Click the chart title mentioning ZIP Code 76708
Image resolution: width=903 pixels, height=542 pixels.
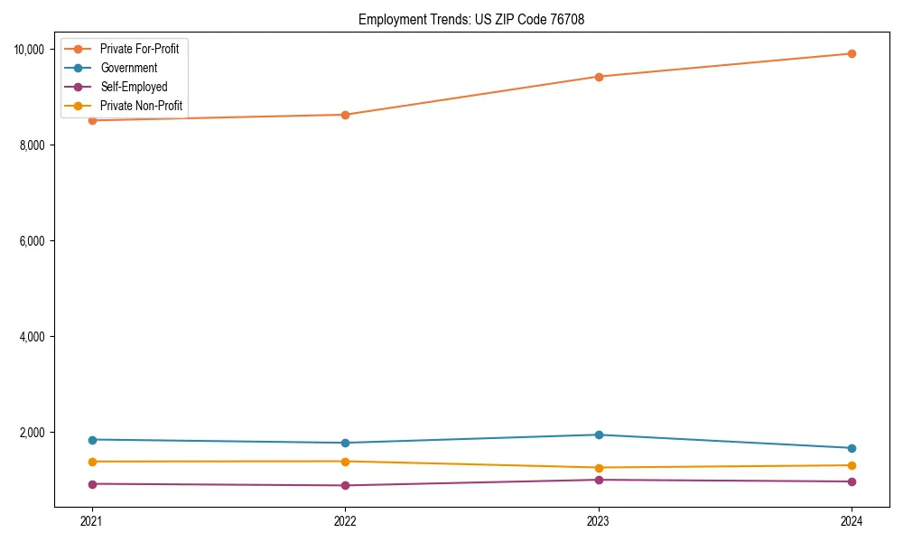(x=470, y=19)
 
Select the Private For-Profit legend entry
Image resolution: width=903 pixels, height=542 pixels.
(x=139, y=49)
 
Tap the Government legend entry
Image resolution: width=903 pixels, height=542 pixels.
(x=128, y=68)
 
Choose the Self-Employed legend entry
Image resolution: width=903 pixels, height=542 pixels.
(x=134, y=87)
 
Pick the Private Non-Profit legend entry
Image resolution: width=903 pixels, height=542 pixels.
(x=141, y=106)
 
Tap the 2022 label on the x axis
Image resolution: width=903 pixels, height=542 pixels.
(x=345, y=520)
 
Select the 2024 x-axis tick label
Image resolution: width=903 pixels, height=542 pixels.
(x=852, y=520)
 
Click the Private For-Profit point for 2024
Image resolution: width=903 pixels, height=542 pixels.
(x=852, y=53)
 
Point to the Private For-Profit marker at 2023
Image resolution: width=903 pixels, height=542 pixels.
(x=599, y=77)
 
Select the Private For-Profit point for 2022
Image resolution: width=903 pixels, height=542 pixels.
(x=345, y=115)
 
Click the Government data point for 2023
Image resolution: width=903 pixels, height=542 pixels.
(x=599, y=435)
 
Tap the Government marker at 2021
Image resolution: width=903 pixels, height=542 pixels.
(x=91, y=440)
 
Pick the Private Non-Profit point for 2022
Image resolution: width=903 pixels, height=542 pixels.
(x=345, y=462)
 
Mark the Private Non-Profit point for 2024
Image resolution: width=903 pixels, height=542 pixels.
(x=852, y=465)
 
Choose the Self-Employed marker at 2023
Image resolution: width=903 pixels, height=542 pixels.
(x=599, y=480)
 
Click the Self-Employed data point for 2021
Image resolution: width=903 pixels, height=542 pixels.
(x=91, y=484)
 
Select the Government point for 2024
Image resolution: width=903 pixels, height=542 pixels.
(x=852, y=448)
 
